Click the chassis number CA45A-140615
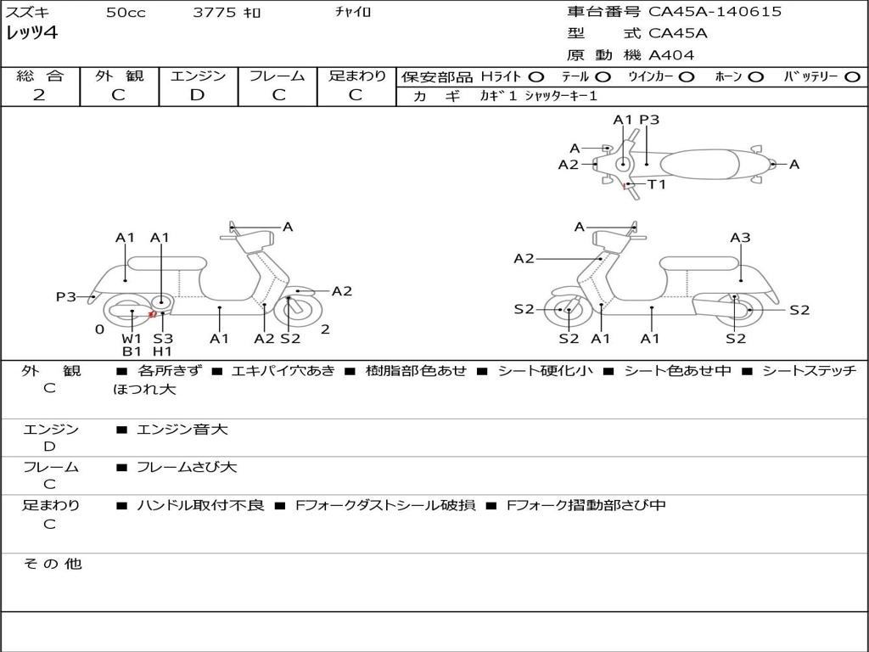click(x=715, y=12)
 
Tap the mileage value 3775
click(x=216, y=13)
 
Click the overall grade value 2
click(x=39, y=95)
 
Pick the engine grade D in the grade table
click(x=198, y=95)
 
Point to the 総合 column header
click(x=40, y=76)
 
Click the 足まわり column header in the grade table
click(x=357, y=76)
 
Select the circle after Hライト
click(x=536, y=77)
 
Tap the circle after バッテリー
click(x=852, y=77)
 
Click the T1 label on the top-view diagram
click(x=657, y=184)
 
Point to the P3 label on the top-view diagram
click(x=649, y=120)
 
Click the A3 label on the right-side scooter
click(x=740, y=238)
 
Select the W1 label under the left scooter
click(x=132, y=339)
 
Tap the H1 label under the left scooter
click(x=162, y=351)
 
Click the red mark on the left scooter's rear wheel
click(x=152, y=314)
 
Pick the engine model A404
click(x=671, y=55)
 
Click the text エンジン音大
click(x=182, y=430)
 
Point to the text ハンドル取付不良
click(x=200, y=505)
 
